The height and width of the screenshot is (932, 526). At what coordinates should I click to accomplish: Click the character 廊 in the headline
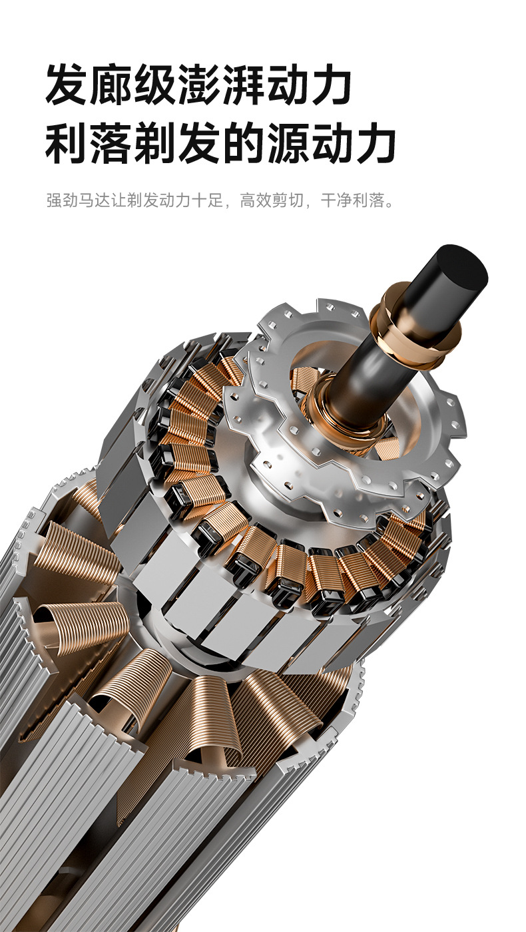111,84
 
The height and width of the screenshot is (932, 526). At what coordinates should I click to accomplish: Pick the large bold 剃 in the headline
154,142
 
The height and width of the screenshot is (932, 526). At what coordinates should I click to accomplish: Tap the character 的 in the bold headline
242,142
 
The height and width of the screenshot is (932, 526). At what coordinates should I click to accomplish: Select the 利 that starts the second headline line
66,142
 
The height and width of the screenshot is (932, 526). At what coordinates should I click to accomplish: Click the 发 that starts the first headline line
66,84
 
